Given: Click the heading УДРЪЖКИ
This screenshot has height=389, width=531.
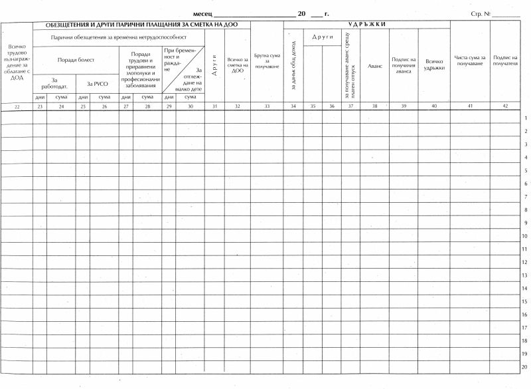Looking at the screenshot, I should point(366,25).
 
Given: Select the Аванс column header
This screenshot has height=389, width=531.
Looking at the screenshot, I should point(376,66).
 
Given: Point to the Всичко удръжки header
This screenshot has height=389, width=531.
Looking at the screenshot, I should point(434,65).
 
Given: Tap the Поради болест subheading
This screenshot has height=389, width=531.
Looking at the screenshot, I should point(76,60).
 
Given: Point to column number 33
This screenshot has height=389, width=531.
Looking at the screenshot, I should point(267,106).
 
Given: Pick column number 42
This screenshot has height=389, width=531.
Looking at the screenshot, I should point(505,106).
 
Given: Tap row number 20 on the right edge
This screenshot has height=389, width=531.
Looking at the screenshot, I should point(524,367).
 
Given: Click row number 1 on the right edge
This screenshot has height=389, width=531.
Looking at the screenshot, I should point(525,118).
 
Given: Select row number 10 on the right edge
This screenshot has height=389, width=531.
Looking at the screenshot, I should point(524,236).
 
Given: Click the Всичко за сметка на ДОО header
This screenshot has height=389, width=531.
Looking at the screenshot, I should point(237,65).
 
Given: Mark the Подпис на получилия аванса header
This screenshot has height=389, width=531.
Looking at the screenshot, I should point(404,65).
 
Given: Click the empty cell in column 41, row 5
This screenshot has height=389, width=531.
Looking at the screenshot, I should point(470,170).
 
